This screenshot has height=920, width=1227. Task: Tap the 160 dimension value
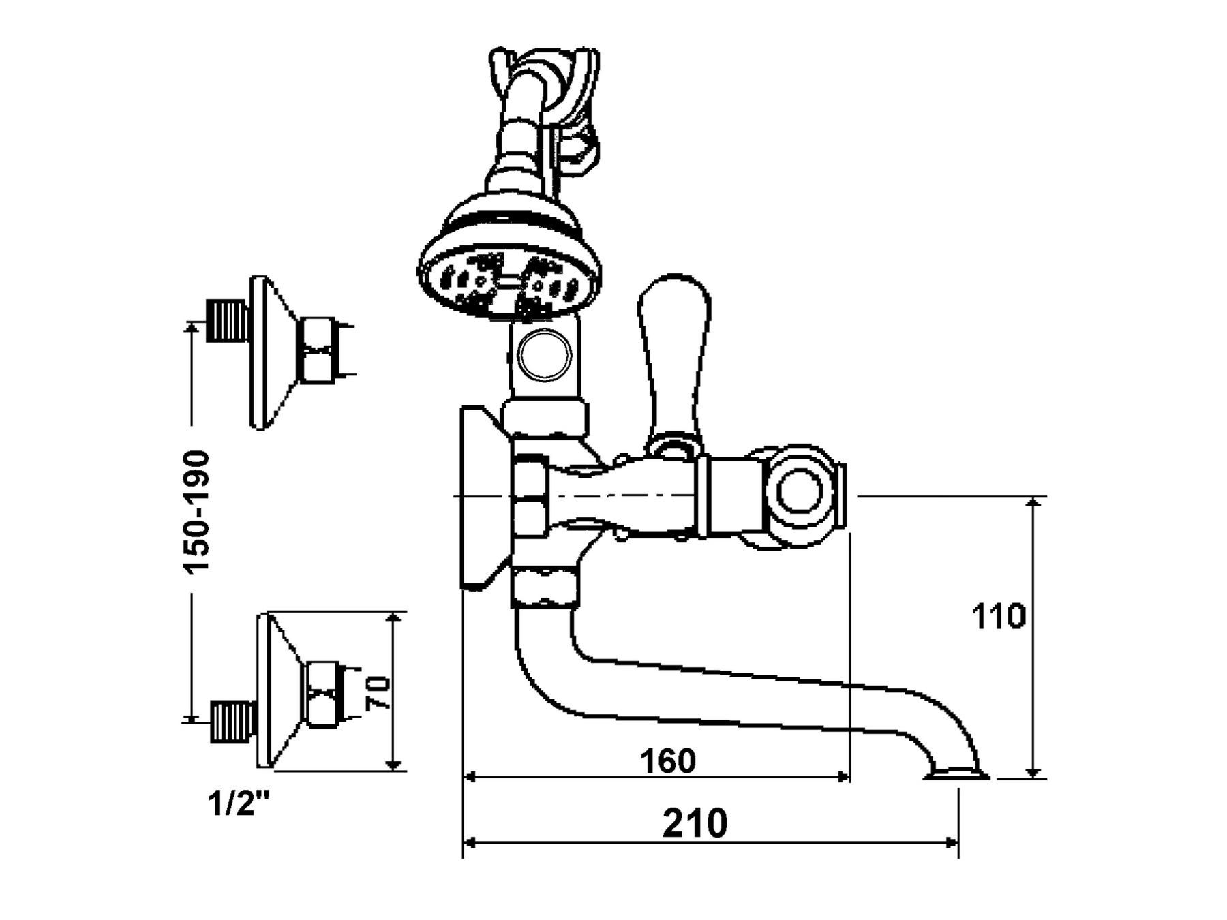(x=668, y=761)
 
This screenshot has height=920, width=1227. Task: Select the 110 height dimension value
(x=998, y=617)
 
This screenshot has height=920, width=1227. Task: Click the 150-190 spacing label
(x=198, y=511)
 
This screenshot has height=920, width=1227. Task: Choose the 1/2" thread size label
(x=238, y=806)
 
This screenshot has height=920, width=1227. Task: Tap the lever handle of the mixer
(x=675, y=354)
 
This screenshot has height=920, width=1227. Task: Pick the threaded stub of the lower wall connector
(x=233, y=719)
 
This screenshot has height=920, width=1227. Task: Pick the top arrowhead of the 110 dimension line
(x=1033, y=503)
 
